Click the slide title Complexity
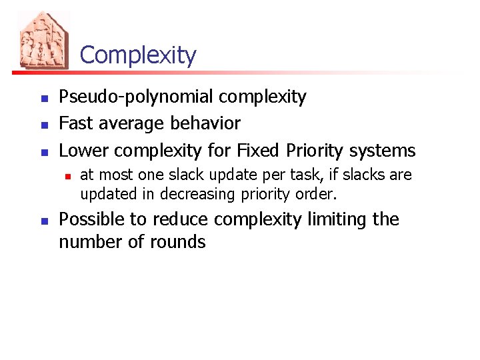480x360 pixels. (x=138, y=55)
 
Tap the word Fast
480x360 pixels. (x=75, y=123)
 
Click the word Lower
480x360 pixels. (x=83, y=150)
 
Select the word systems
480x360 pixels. (x=385, y=151)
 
